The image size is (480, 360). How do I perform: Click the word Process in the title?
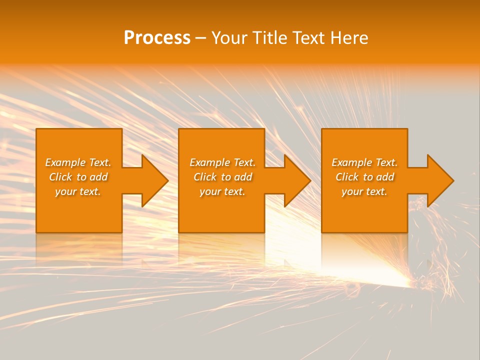point(157,38)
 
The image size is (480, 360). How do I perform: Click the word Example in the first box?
point(65,162)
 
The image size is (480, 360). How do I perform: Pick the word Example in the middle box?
point(209,162)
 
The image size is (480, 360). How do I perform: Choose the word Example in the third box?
point(351,162)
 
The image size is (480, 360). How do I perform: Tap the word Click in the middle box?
point(205,177)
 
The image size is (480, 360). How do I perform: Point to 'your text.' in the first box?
point(78,191)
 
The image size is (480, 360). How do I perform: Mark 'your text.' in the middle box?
point(222,191)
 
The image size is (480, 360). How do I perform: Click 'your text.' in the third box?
point(364,191)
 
